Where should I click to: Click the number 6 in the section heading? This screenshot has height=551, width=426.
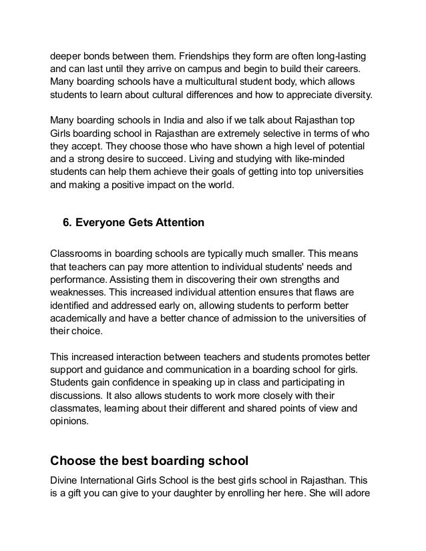coord(66,224)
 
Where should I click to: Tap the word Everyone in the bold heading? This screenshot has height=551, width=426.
coord(100,224)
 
